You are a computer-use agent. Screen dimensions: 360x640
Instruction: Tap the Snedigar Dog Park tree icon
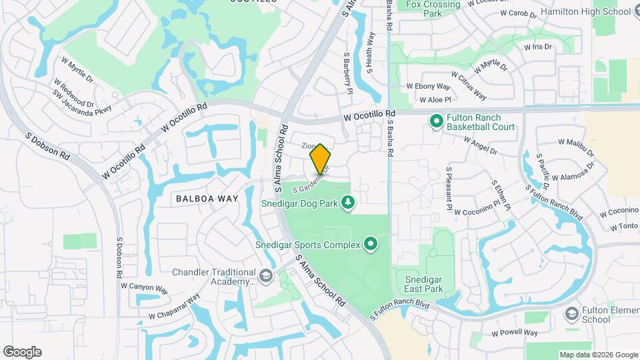click(347, 201)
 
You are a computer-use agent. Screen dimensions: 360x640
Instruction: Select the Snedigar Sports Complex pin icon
click(371, 245)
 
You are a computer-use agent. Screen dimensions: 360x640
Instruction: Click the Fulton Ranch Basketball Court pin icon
click(437, 121)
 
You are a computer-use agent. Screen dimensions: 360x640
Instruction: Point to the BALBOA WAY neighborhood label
click(207, 198)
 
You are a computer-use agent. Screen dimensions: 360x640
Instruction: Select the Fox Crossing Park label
click(433, 9)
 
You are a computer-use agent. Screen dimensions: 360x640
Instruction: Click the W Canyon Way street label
click(144, 287)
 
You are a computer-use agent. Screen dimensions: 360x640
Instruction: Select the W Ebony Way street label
click(428, 86)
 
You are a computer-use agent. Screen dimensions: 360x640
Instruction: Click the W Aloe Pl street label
click(435, 100)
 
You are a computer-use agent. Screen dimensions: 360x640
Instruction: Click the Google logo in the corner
click(22, 352)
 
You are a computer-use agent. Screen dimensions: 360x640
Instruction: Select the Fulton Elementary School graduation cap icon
click(571, 313)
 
